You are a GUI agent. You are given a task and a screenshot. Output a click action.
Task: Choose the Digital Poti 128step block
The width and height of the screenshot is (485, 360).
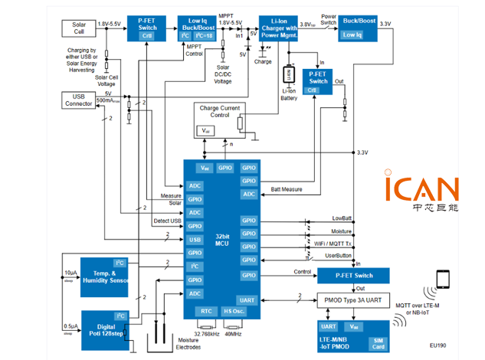pos(105,327)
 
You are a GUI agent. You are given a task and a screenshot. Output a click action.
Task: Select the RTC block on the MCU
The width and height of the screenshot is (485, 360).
pos(206,311)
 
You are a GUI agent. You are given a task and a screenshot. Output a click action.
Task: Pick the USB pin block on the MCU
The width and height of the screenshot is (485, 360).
pos(195,240)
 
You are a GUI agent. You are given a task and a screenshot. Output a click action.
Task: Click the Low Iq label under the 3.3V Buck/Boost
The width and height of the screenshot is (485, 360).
pos(353,35)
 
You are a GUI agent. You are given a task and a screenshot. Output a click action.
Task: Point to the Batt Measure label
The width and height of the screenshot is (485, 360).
pos(287,188)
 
